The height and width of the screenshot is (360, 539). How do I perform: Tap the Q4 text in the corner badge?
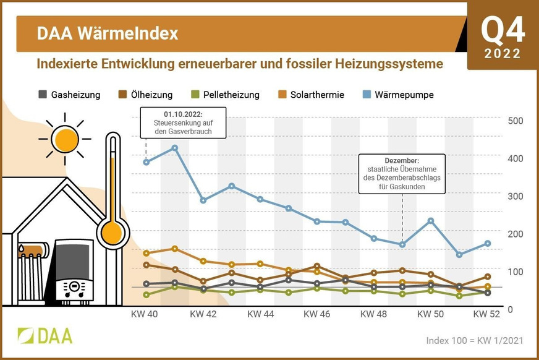502,30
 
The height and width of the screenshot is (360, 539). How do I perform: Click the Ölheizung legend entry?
145,95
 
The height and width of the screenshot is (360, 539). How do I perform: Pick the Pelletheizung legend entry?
226,95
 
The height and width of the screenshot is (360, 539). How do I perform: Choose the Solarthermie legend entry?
311,95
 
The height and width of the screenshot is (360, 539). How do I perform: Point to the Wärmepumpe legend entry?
398,95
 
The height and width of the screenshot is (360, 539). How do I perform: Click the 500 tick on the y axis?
515,121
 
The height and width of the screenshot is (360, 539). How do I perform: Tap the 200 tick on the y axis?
515,234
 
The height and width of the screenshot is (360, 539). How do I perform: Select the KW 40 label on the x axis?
145,314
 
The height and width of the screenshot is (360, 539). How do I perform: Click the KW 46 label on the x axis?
317,314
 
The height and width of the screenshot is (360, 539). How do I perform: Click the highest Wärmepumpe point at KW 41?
175,148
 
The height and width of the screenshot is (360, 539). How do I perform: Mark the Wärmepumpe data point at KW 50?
431,221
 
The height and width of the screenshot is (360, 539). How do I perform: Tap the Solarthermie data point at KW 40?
146,254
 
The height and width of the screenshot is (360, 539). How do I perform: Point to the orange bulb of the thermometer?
112,232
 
